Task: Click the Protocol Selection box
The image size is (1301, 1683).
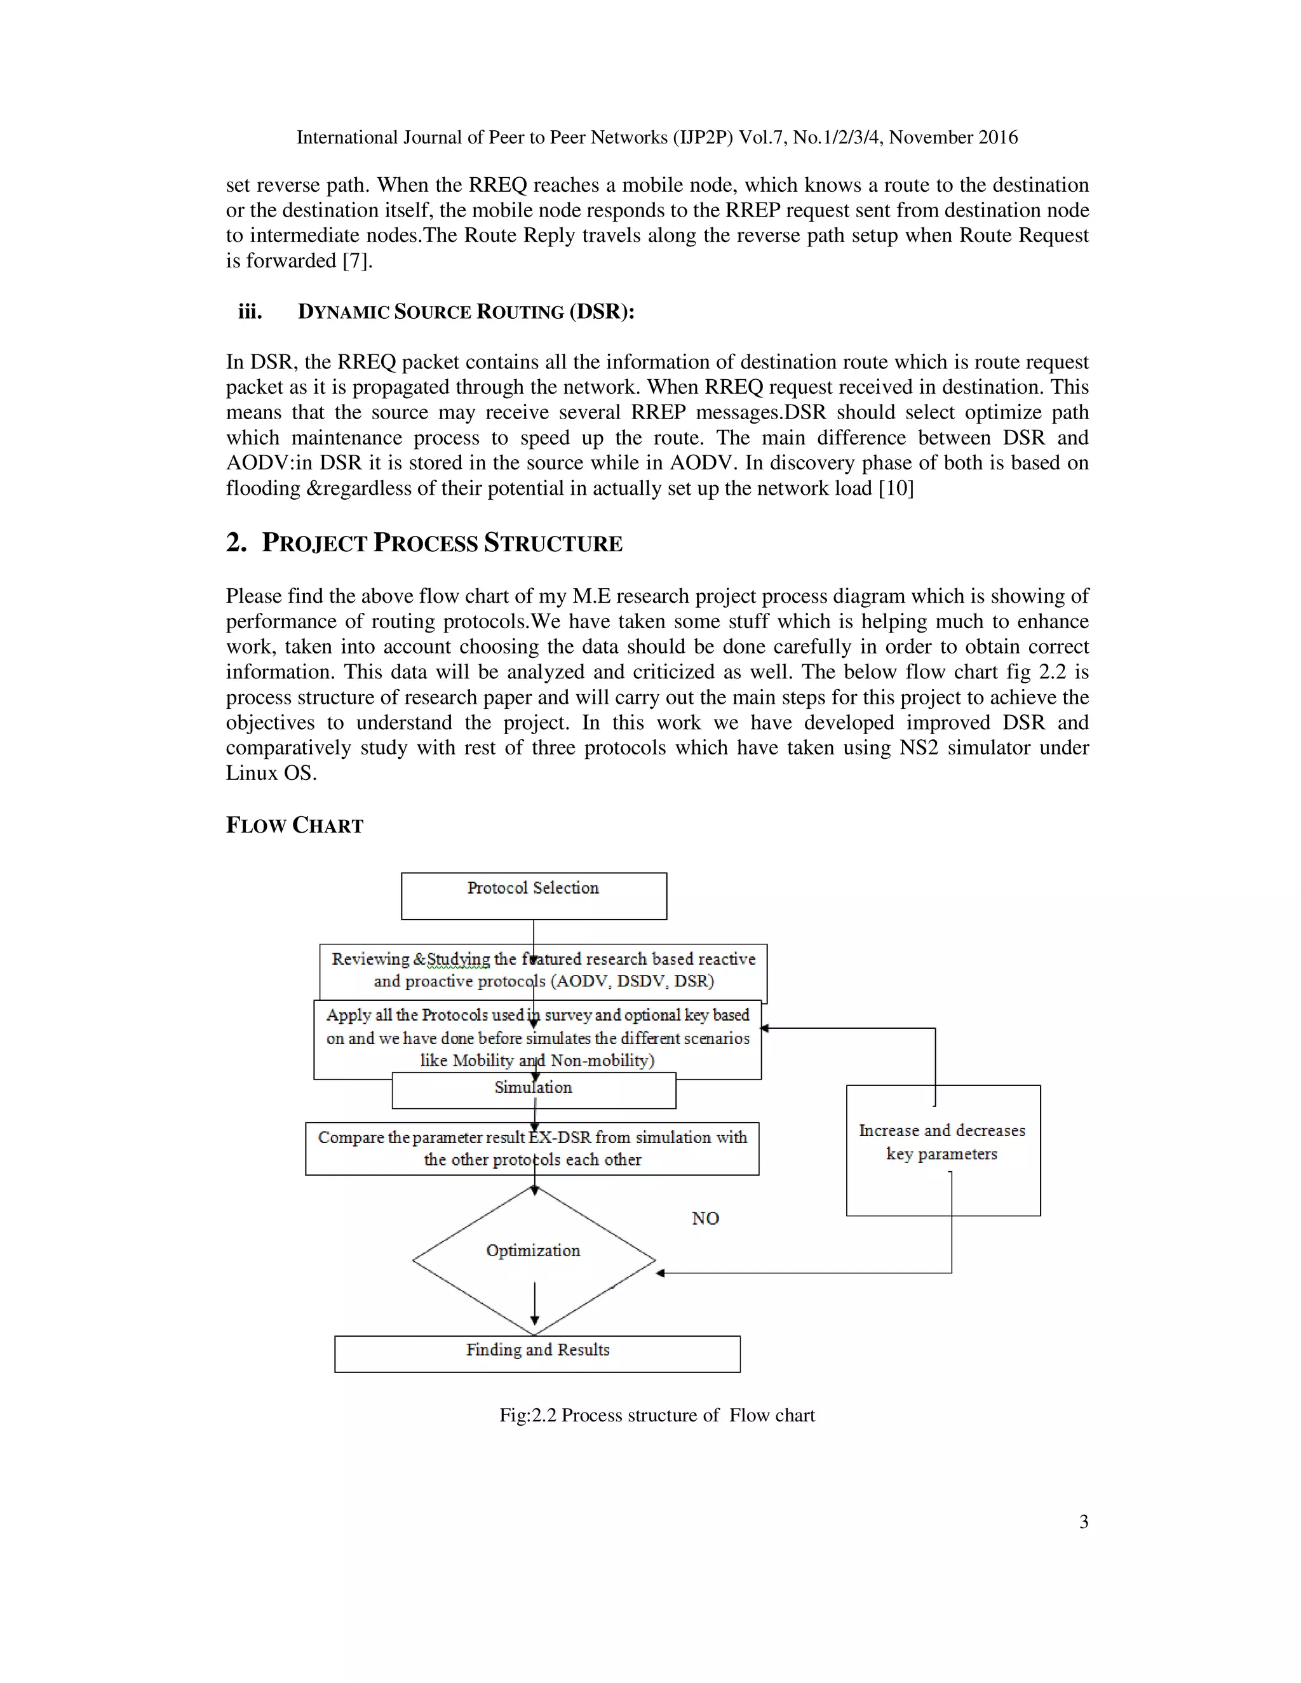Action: (534, 895)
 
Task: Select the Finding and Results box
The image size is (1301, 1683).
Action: (537, 1353)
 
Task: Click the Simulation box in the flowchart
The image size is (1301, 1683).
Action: (534, 1089)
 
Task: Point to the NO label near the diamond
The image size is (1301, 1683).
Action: (704, 1218)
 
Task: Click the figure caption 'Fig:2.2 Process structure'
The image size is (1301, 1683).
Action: (657, 1415)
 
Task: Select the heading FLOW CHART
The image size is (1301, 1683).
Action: (294, 826)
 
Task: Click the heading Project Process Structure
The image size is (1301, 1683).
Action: (442, 543)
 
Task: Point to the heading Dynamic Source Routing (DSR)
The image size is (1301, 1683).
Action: (466, 311)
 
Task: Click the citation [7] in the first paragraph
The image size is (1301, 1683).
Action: (357, 260)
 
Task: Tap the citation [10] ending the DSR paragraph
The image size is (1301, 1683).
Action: (896, 488)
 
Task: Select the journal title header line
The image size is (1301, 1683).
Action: (657, 137)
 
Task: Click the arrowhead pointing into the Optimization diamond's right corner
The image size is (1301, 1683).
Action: (661, 1273)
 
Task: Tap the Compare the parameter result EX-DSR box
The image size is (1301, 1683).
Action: (532, 1148)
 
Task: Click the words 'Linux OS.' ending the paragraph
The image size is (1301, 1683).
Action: (271, 773)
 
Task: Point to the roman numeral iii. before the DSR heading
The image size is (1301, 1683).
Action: (250, 311)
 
